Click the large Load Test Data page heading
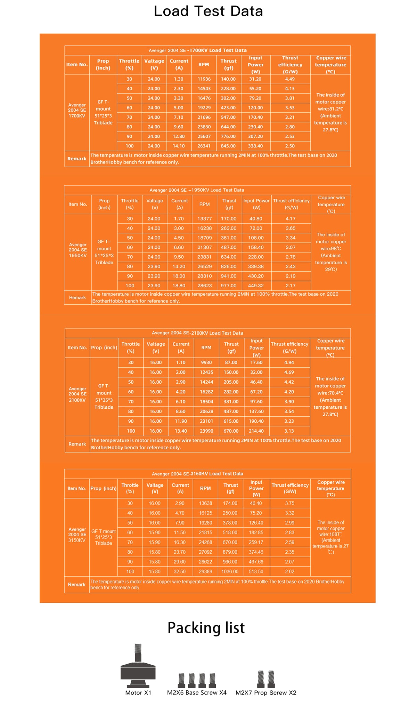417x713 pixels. tap(208, 11)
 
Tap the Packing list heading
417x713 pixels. tap(206, 627)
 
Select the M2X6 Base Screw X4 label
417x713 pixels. tap(197, 692)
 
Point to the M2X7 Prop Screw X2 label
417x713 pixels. tap(266, 692)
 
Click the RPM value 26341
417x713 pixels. tap(204, 146)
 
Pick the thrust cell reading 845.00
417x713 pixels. tap(228, 146)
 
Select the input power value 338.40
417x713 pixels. tap(255, 146)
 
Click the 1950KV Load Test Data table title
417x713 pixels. tap(197, 190)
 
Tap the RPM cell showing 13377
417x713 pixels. tap(204, 219)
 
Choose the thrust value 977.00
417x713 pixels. tap(229, 286)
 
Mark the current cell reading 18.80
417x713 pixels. tap(179, 286)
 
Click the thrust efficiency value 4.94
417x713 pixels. tap(289, 362)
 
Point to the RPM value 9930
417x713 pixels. tap(206, 362)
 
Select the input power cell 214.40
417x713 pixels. tap(256, 431)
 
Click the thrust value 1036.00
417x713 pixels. tap(230, 571)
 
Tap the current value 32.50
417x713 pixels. tap(180, 571)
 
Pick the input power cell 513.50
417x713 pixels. tap(256, 571)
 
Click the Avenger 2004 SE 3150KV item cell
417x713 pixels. tap(77, 535)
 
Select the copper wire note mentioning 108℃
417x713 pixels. tap(330, 537)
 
